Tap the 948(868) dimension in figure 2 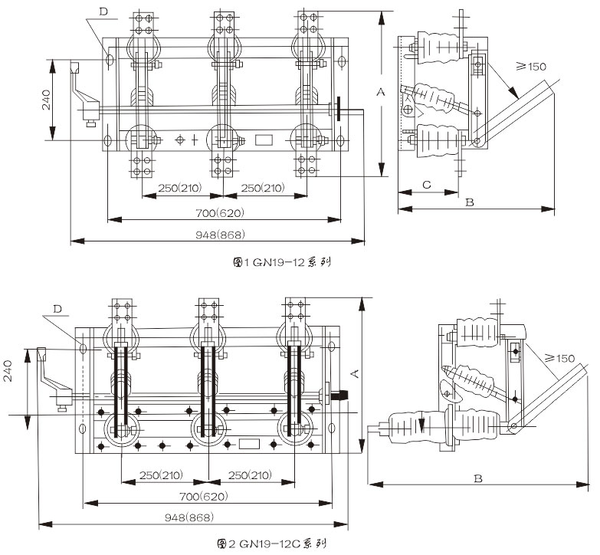coord(190,517)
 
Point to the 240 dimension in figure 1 coord(46,100)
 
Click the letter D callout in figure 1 coord(104,10)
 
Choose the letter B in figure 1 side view coord(471,202)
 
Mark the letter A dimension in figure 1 coord(379,92)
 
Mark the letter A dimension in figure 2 coord(354,373)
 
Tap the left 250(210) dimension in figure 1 coord(179,189)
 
